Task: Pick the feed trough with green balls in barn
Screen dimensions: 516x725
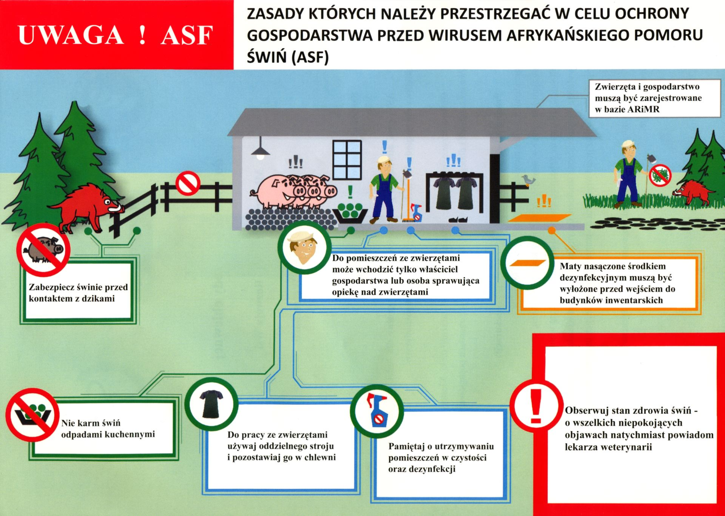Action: coord(350,213)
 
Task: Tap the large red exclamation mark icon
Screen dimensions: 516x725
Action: coord(536,407)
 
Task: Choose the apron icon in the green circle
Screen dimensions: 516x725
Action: coord(211,404)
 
